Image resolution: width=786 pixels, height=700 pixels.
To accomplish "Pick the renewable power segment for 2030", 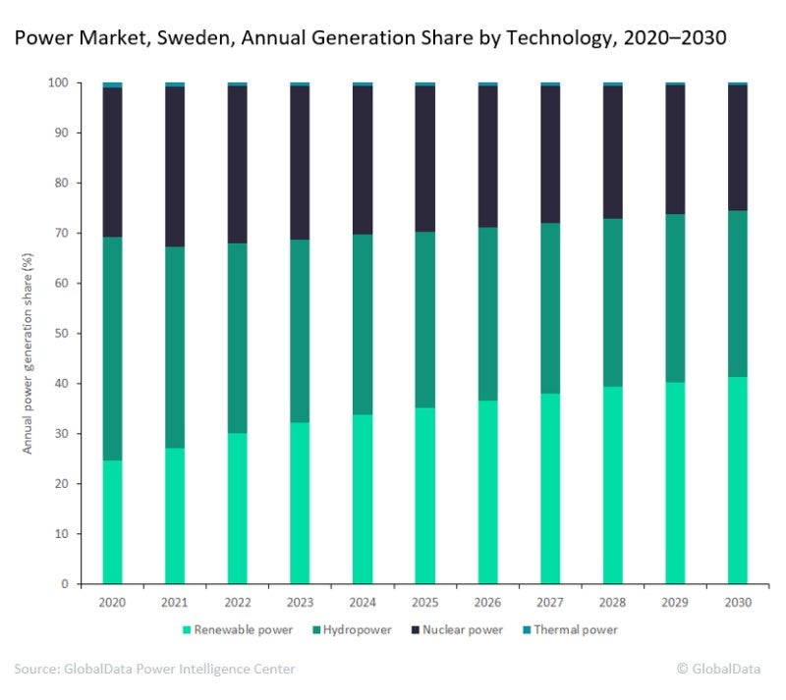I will pyautogui.click(x=737, y=480).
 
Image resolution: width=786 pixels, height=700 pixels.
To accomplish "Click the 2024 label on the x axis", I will pyautogui.click(x=362, y=601).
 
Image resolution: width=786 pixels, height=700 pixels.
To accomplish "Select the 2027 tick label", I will pyautogui.click(x=549, y=601).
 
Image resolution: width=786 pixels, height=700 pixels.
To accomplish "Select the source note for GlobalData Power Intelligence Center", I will pyautogui.click(x=154, y=669).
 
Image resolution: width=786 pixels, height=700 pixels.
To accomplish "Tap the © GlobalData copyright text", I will pyautogui.click(x=717, y=669).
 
